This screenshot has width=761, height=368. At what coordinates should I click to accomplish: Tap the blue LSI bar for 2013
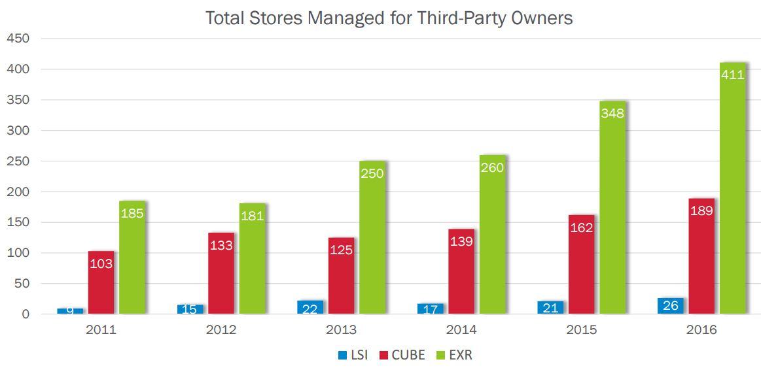(310, 307)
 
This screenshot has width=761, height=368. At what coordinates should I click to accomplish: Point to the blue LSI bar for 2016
(671, 306)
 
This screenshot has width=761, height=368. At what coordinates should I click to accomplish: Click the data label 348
(612, 113)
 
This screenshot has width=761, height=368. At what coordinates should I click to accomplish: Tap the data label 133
(221, 245)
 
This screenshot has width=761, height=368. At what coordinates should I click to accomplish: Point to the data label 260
(492, 168)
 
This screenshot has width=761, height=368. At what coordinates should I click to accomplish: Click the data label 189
(701, 211)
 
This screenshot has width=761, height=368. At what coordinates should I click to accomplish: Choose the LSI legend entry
(353, 355)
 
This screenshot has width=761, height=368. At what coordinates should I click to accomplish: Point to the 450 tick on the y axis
(18, 39)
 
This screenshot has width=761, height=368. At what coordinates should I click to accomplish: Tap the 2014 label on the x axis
(461, 329)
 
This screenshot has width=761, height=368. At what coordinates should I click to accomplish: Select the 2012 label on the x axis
(221, 329)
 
